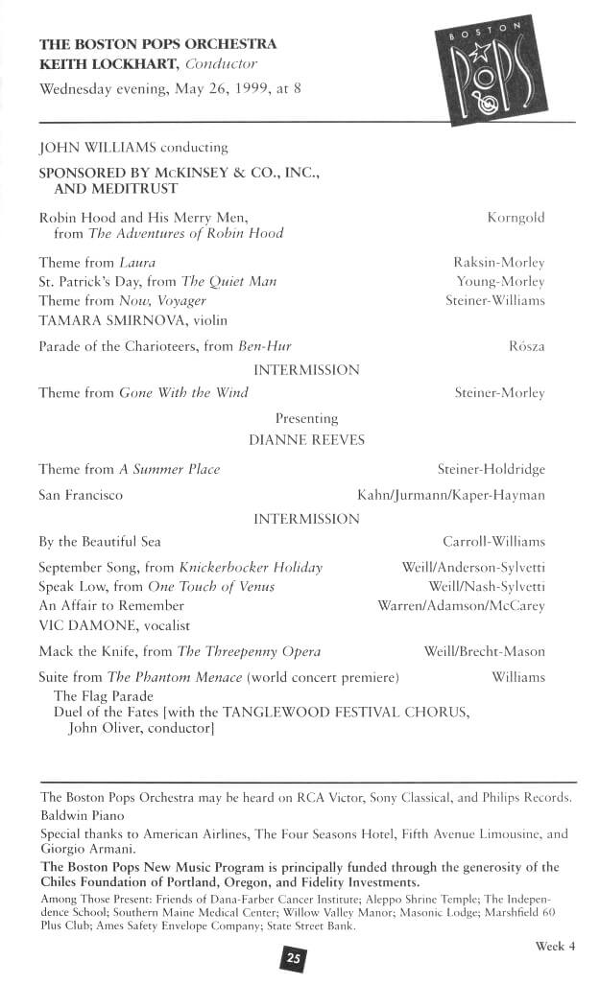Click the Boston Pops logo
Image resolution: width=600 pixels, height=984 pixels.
tap(499, 74)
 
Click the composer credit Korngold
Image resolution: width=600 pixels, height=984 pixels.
tap(516, 218)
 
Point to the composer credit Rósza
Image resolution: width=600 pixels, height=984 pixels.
tap(526, 346)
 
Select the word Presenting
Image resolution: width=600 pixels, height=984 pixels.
tap(306, 418)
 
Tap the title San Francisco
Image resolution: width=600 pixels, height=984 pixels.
tap(81, 495)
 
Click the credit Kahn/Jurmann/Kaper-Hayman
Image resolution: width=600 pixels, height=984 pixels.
tap(450, 495)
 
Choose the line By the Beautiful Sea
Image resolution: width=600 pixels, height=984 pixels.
tap(100, 542)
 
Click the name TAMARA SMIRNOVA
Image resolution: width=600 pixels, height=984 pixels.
tap(103, 320)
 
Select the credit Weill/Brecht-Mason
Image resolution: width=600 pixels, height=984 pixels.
tap(484, 652)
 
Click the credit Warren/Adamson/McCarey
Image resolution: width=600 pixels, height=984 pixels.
tap(461, 605)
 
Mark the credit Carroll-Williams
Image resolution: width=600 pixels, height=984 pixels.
tap(493, 542)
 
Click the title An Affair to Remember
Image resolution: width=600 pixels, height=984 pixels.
tap(111, 605)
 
